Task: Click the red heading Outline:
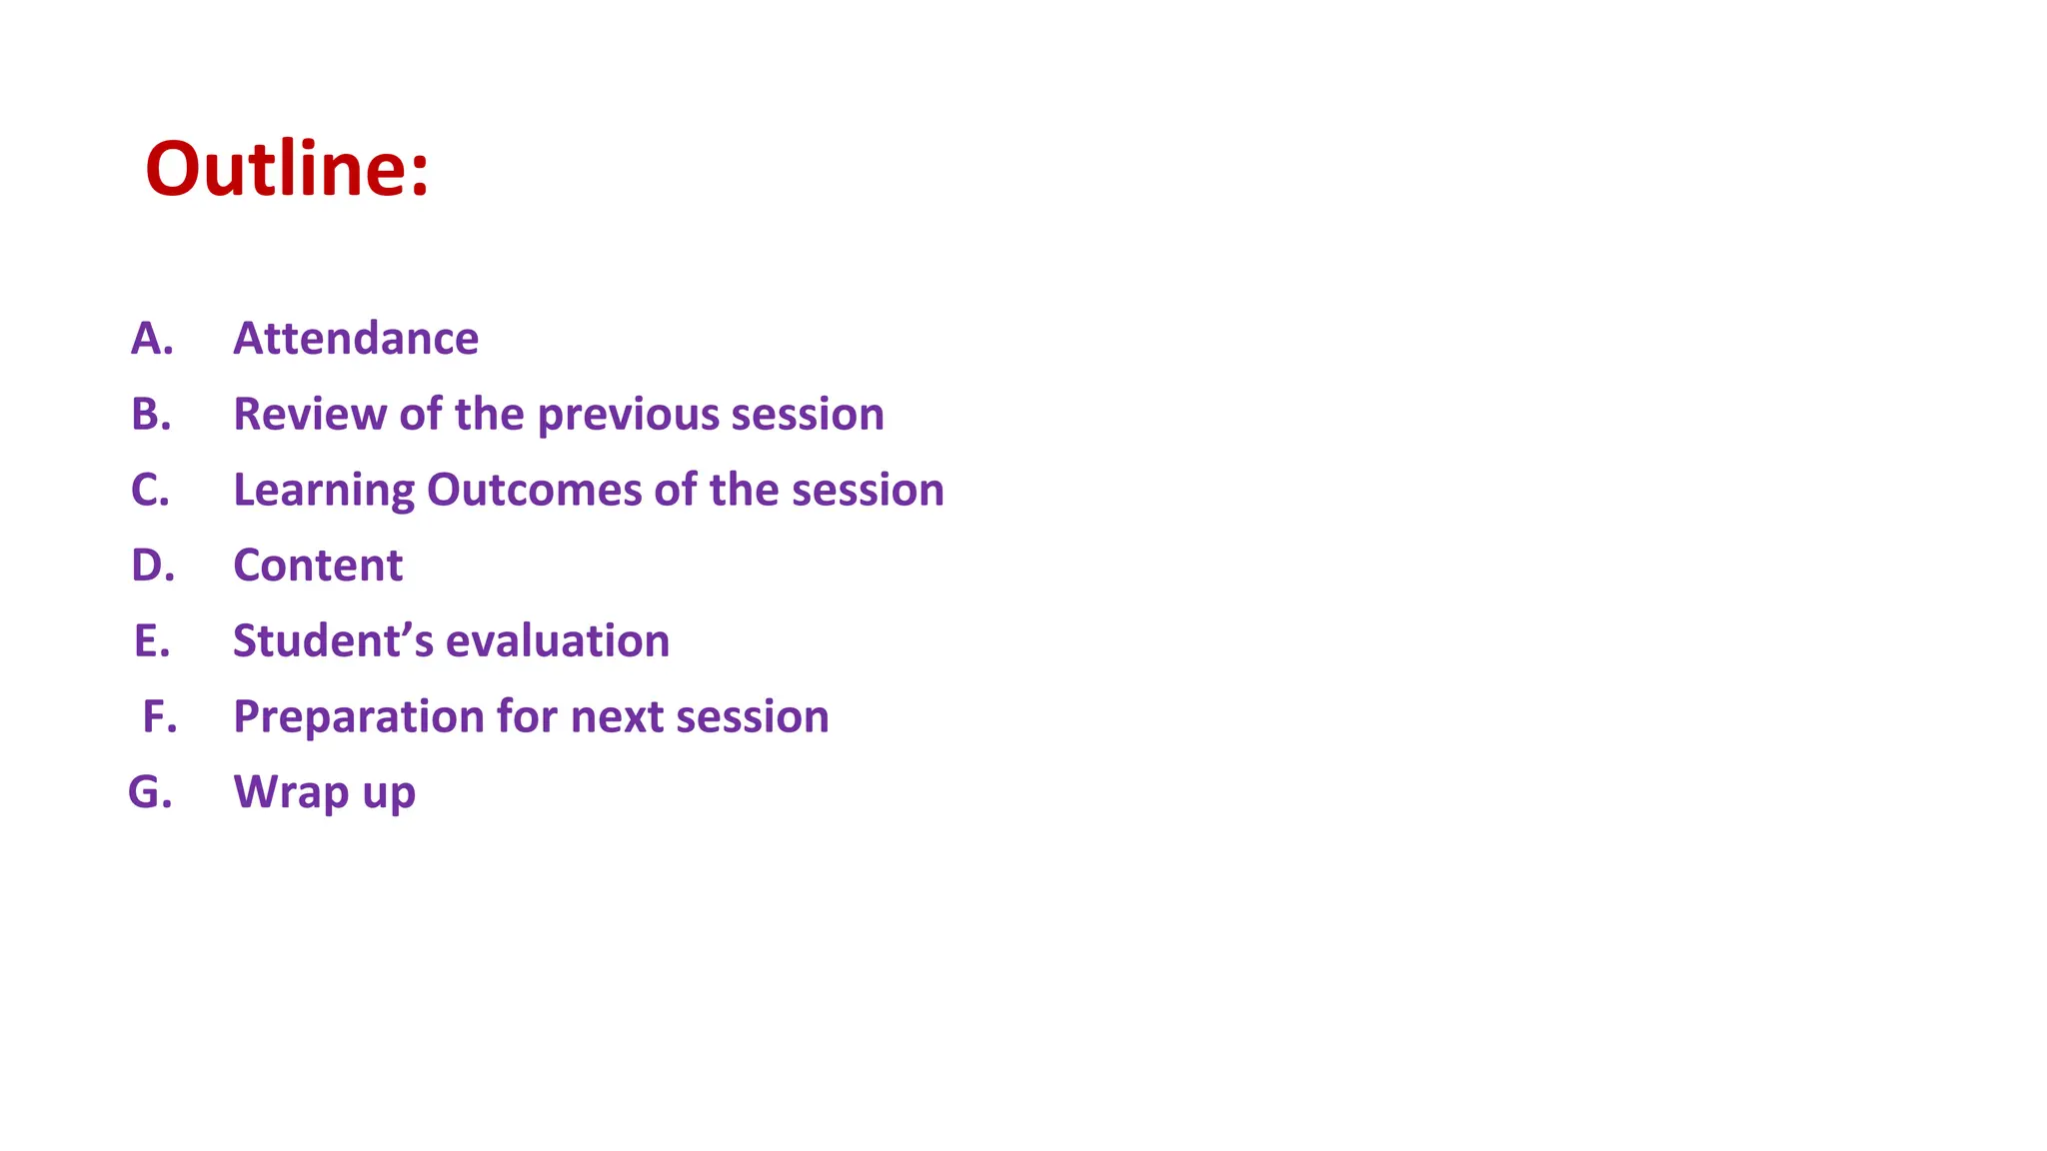(287, 169)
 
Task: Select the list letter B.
(151, 414)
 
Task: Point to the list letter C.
(150, 490)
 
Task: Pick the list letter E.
(152, 640)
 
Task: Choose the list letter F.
(159, 716)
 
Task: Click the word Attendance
(356, 339)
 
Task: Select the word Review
(309, 414)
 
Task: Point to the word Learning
(323, 491)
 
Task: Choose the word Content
(318, 566)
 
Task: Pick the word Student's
(333, 640)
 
